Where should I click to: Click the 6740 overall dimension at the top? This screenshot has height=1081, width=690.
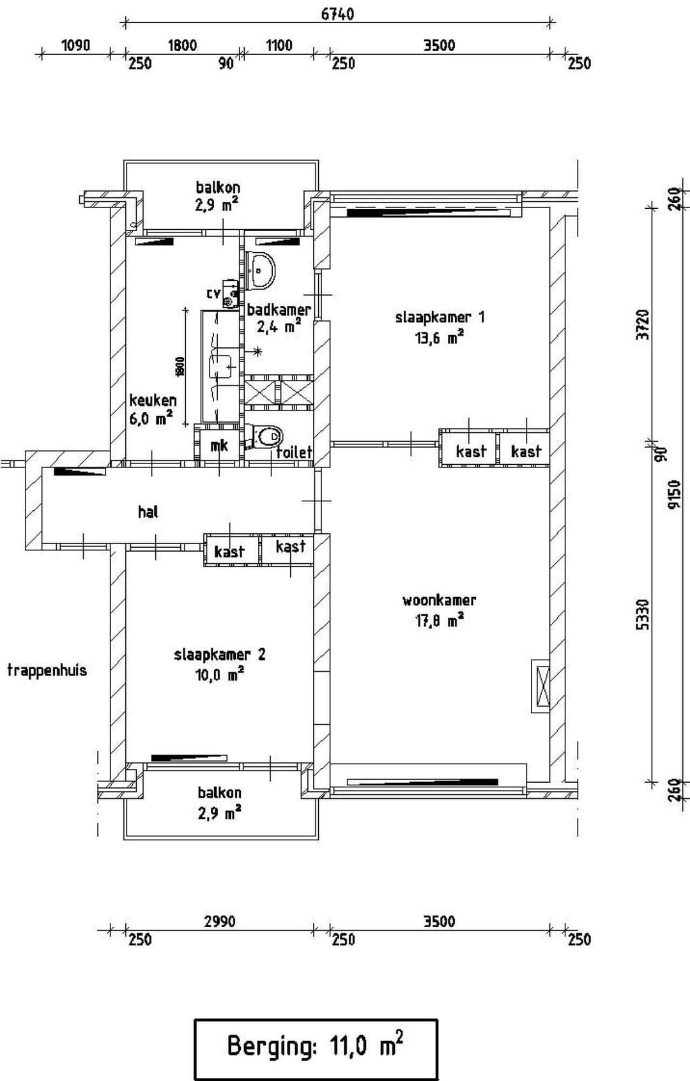(337, 13)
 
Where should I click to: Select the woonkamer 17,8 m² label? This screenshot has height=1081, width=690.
(439, 610)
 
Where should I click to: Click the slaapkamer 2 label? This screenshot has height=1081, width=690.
(219, 664)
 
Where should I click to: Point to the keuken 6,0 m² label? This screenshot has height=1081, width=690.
(152, 409)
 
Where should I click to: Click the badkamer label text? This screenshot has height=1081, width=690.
(279, 310)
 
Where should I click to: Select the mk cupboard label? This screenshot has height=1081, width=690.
(219, 445)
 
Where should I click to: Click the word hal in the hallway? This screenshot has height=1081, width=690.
(148, 511)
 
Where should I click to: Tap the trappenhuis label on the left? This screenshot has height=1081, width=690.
(47, 670)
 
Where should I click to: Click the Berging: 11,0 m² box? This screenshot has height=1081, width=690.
(316, 1048)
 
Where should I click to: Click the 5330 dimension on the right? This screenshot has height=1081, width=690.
(643, 614)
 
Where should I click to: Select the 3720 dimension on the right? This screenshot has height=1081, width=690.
(643, 324)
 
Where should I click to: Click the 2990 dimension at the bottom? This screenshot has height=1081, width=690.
(219, 921)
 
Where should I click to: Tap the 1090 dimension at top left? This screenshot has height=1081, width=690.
(75, 45)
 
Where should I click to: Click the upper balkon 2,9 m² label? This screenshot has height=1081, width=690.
(218, 195)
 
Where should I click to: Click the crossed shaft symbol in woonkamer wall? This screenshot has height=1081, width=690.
(540, 686)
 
